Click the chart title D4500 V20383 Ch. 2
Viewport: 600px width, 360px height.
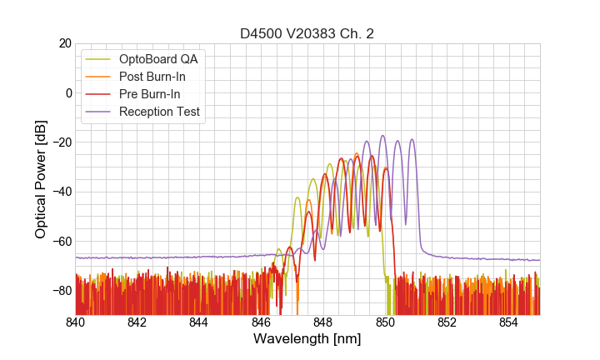point(307,34)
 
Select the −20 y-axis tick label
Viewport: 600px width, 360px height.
point(60,142)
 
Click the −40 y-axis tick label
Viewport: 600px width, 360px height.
point(60,192)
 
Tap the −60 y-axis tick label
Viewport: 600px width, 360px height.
point(60,241)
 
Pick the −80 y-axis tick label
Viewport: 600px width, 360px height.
point(60,290)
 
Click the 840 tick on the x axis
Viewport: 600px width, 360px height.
point(76,322)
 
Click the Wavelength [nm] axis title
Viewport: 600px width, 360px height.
point(307,339)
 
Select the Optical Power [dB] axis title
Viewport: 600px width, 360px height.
point(41,179)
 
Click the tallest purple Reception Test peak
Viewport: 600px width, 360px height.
point(382,136)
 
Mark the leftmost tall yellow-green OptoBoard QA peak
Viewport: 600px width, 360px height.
point(297,197)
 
